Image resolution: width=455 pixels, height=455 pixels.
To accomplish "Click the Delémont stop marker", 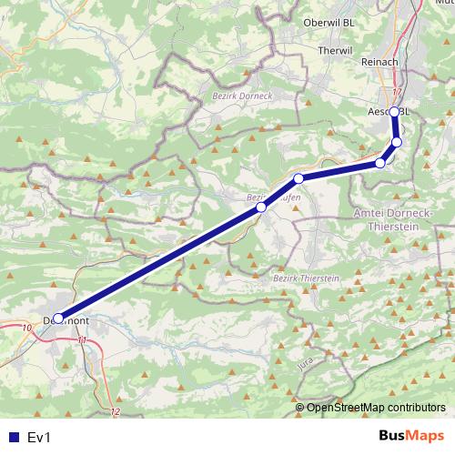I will [58, 318].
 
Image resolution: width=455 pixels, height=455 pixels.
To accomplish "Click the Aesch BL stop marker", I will [393, 112].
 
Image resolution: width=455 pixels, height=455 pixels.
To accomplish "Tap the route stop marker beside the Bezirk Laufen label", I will [261, 207].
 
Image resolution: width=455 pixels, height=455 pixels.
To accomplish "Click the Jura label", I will [305, 364].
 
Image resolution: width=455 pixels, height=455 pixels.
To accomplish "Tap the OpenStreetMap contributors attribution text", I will [376, 407].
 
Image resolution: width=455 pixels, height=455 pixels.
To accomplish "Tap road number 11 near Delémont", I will [83, 339].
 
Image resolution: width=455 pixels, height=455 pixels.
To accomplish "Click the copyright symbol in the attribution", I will [299, 407].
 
